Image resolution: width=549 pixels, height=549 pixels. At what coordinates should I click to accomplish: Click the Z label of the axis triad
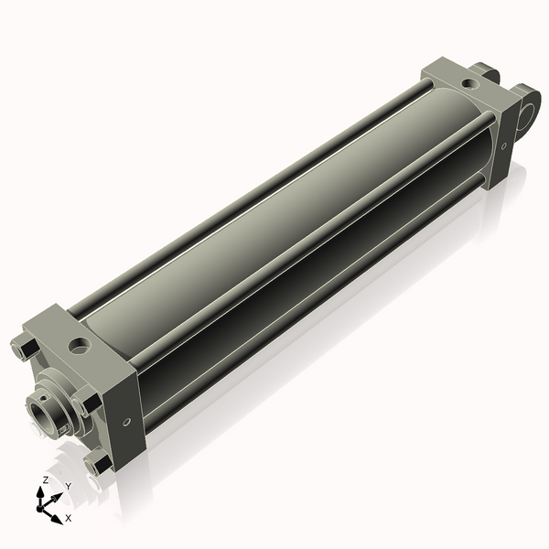point(46,480)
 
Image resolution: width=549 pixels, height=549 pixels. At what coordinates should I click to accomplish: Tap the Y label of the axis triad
point(68,486)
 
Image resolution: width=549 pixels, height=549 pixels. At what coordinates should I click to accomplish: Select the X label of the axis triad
point(68,518)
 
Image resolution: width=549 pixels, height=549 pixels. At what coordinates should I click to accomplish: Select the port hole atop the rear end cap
point(469,84)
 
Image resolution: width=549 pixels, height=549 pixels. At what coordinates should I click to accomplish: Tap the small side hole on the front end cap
point(126,422)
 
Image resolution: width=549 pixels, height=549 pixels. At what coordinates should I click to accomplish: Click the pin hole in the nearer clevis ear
point(527,111)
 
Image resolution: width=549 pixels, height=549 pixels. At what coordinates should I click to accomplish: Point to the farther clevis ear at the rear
point(486,70)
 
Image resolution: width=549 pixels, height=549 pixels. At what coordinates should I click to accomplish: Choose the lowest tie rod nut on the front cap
point(94,465)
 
